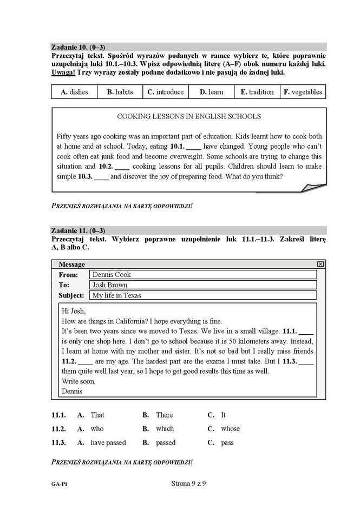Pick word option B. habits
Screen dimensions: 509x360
pos(120,92)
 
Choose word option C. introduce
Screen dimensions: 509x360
pos(165,92)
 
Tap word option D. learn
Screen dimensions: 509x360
pos(211,92)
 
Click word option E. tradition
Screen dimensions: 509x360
pos(257,92)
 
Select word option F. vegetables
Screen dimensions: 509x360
pos(303,92)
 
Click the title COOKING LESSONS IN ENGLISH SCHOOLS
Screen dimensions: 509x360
pos(189,116)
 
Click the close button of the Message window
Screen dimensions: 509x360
pos(320,264)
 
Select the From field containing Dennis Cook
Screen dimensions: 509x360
pos(203,275)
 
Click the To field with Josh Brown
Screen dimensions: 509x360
pos(203,285)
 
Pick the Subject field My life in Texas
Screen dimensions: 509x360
pos(203,295)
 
